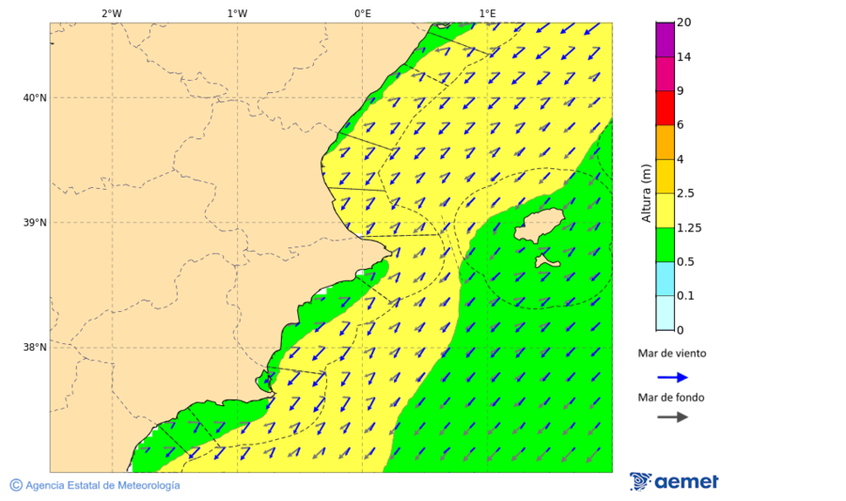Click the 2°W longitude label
coord(111,13)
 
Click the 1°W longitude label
coord(237,13)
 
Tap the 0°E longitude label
coord(362,13)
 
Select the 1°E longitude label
coord(487,13)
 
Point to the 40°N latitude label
coord(34,98)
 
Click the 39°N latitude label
coord(34,223)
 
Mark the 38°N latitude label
coord(34,348)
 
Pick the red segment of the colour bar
coord(665,107)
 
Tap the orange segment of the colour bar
coord(665,142)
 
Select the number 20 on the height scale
coord(683,23)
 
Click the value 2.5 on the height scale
coord(685,194)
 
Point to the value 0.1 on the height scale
coord(684,296)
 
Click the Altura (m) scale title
coord(646,193)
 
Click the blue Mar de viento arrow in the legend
coord(672,377)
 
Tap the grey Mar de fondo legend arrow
coord(672,417)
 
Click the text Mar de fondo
coord(671,398)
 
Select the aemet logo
coord(674,482)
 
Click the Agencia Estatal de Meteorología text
coord(102,485)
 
